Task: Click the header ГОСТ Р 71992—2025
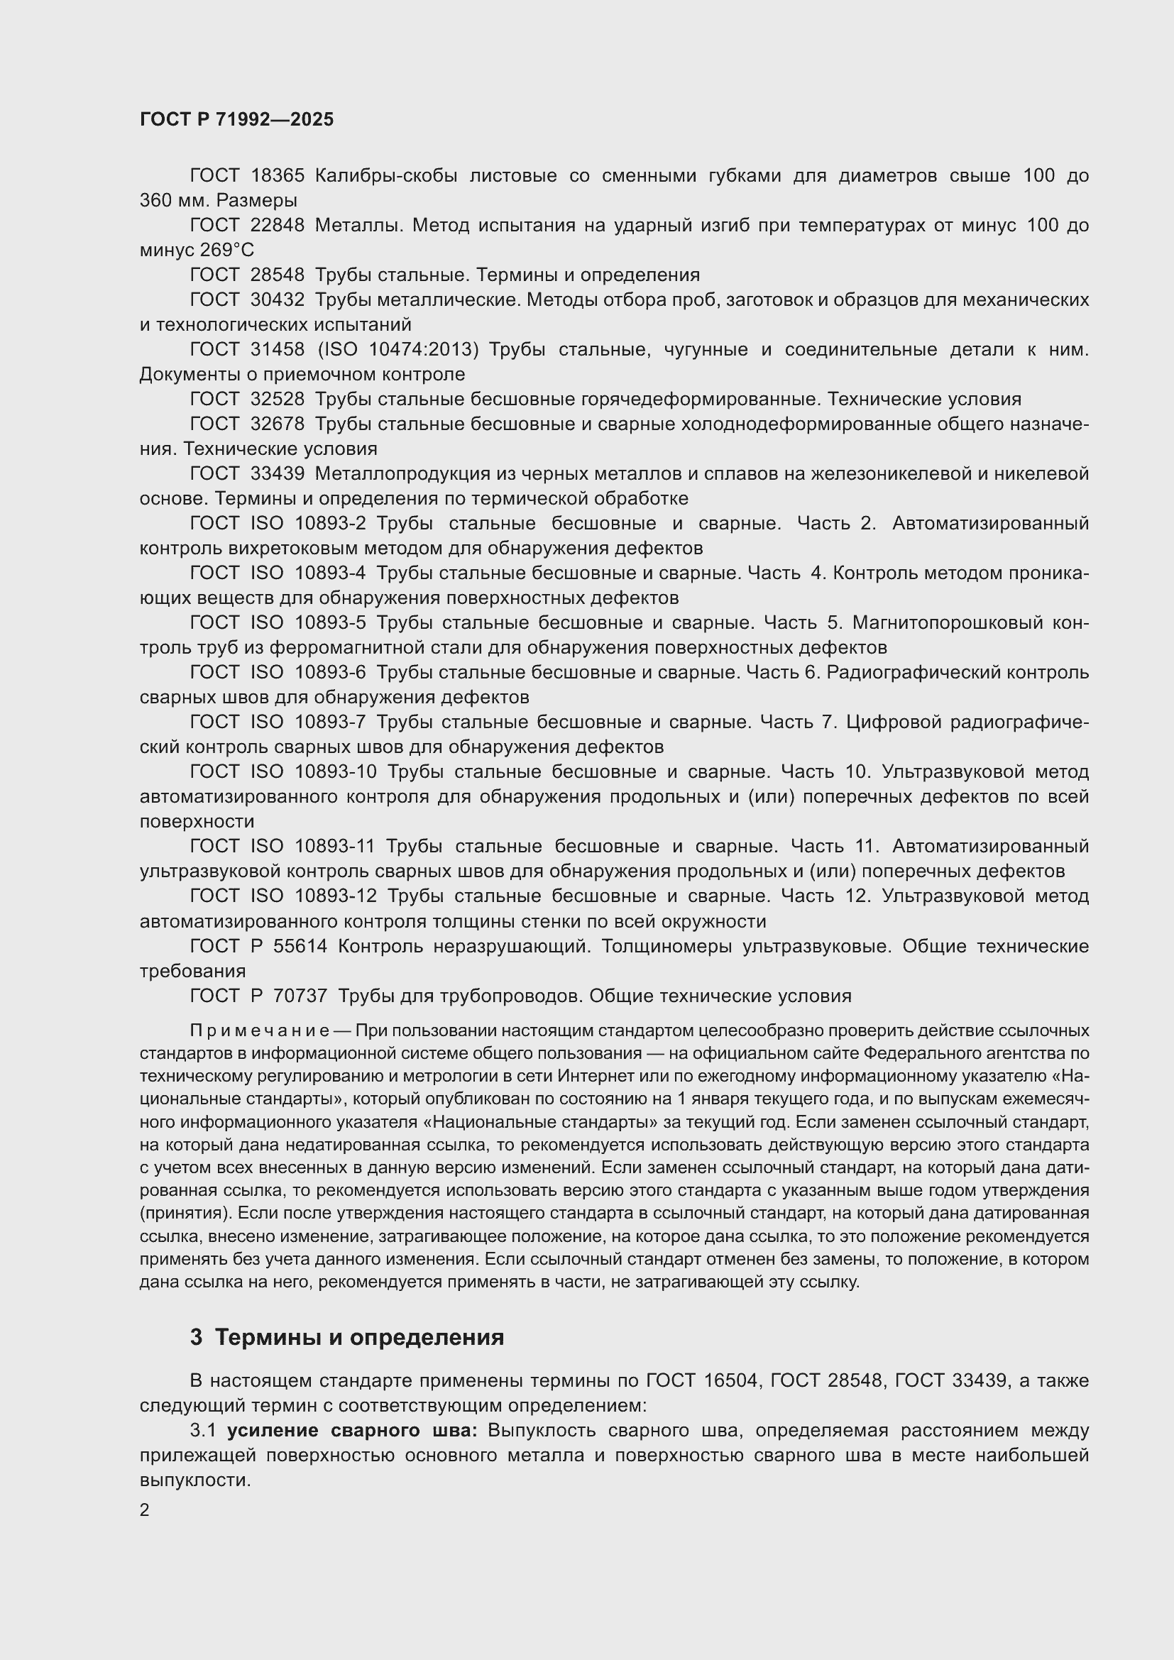tap(236, 119)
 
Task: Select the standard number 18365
tap(278, 176)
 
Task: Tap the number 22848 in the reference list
tap(278, 226)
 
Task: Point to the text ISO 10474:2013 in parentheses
tap(398, 350)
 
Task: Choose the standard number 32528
tap(278, 399)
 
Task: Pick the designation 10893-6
tap(330, 672)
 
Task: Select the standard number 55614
tap(300, 947)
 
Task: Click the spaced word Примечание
tap(260, 1030)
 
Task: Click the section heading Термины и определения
tap(359, 1338)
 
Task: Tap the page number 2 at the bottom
tap(145, 1510)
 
